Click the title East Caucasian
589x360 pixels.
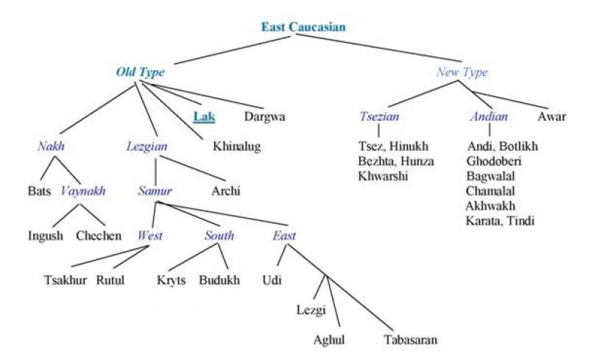pos(303,27)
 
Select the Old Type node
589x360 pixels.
pos(140,72)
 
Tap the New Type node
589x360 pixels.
pos(462,72)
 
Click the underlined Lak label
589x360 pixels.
pos(203,116)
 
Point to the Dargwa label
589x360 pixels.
pos(264,116)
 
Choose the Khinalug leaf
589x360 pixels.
pos(236,147)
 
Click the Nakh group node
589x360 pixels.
pos(52,147)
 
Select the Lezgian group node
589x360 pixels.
pos(147,147)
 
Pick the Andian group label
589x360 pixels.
pos(489,116)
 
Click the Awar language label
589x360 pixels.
pos(551,116)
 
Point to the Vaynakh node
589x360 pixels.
pos(82,191)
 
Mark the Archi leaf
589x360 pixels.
pos(226,191)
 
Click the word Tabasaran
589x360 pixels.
pos(411,340)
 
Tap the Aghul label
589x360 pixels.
pos(329,340)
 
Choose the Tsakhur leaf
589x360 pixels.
pos(64,280)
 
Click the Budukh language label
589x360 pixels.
pos(219,280)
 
